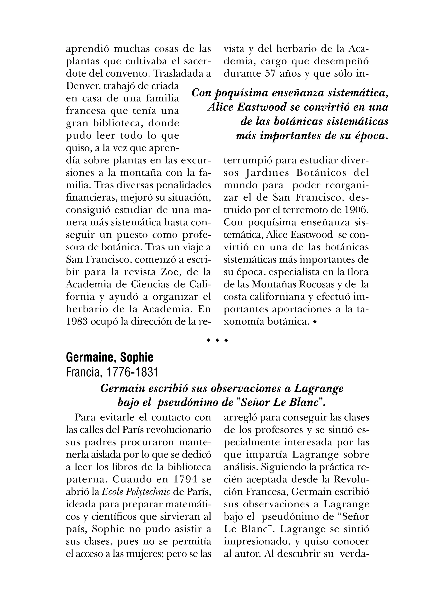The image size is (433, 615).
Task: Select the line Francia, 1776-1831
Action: click(112, 372)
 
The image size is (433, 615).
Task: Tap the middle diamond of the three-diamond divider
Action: click(217, 340)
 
